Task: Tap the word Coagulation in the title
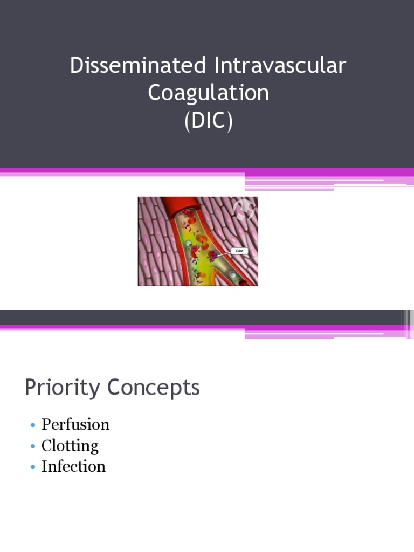pyautogui.click(x=208, y=93)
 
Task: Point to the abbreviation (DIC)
pyautogui.click(x=208, y=120)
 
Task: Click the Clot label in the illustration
pyautogui.click(x=239, y=251)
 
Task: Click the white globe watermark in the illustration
pyautogui.click(x=245, y=209)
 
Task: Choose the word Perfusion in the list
pyautogui.click(x=75, y=425)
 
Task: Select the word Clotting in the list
pyautogui.click(x=70, y=446)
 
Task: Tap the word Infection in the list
pyautogui.click(x=73, y=466)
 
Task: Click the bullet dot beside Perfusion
pyautogui.click(x=32, y=425)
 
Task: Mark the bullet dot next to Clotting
pyautogui.click(x=32, y=446)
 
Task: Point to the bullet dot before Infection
pyautogui.click(x=32, y=467)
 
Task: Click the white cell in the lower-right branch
pyautogui.click(x=232, y=275)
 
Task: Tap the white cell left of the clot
pyautogui.click(x=188, y=244)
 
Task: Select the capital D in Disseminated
pyautogui.click(x=76, y=66)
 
